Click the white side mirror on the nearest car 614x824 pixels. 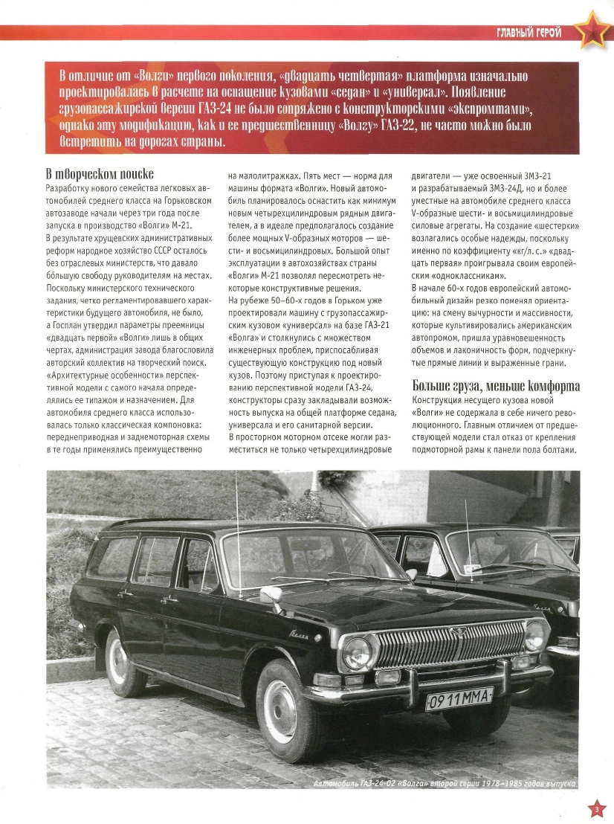click(270, 596)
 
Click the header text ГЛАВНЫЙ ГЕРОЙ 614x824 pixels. click(529, 32)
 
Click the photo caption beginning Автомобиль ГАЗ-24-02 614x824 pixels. click(444, 784)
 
